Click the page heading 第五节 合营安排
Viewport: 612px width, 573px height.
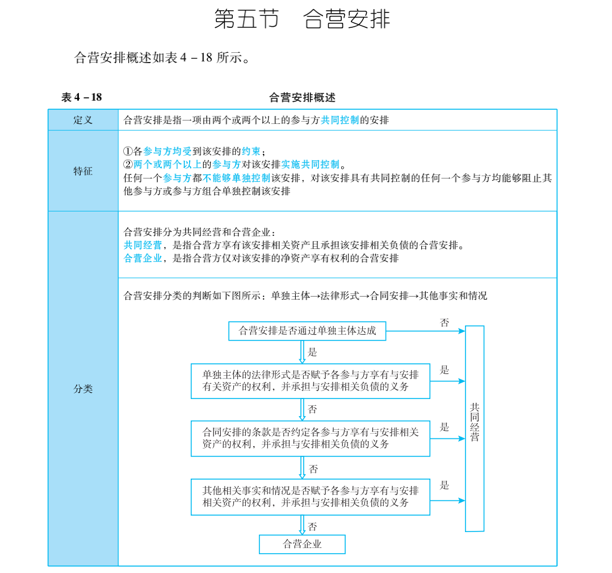click(302, 19)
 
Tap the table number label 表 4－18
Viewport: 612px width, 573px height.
click(82, 97)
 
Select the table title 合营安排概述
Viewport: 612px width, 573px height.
click(302, 97)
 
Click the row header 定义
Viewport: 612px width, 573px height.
click(83, 120)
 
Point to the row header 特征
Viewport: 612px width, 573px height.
click(83, 171)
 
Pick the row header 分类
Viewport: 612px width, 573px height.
click(83, 389)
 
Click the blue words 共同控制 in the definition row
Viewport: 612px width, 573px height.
click(339, 120)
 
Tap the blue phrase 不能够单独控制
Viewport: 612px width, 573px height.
click(237, 178)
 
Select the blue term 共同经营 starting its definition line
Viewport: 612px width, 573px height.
click(142, 245)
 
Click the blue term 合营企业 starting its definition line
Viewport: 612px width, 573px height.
click(142, 258)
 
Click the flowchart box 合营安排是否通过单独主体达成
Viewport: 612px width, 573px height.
click(307, 331)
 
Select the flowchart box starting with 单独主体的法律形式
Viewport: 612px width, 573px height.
click(311, 381)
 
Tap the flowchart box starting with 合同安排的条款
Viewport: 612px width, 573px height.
click(311, 438)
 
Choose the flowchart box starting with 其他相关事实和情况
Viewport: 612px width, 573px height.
click(311, 497)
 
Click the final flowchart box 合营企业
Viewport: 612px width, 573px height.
click(302, 544)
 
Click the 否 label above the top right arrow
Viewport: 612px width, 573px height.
click(445, 322)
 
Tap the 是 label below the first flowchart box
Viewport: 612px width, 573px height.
click(312, 352)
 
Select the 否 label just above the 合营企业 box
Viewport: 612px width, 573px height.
click(312, 527)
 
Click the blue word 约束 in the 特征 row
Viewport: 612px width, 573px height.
click(251, 151)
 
